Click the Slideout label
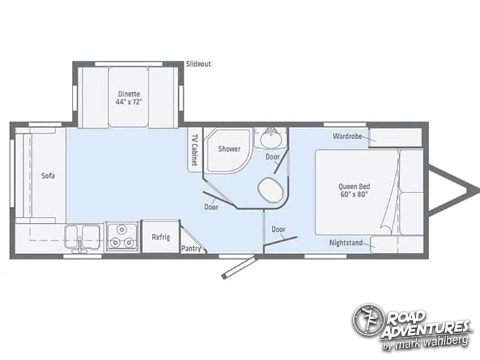pos(199,64)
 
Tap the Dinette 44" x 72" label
pos(129,98)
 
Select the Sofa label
pos(48,176)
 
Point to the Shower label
pos(229,148)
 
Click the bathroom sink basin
pos(271,139)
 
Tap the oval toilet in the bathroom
pos(270,189)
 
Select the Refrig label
pos(161,237)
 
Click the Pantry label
pos(191,248)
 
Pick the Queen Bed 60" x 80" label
pos(354,190)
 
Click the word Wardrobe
pos(347,136)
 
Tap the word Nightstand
pos(346,243)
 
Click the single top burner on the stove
pos(122,229)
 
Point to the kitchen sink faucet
pos(80,245)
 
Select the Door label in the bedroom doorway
pos(278,229)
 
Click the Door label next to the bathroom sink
pos(272,157)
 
